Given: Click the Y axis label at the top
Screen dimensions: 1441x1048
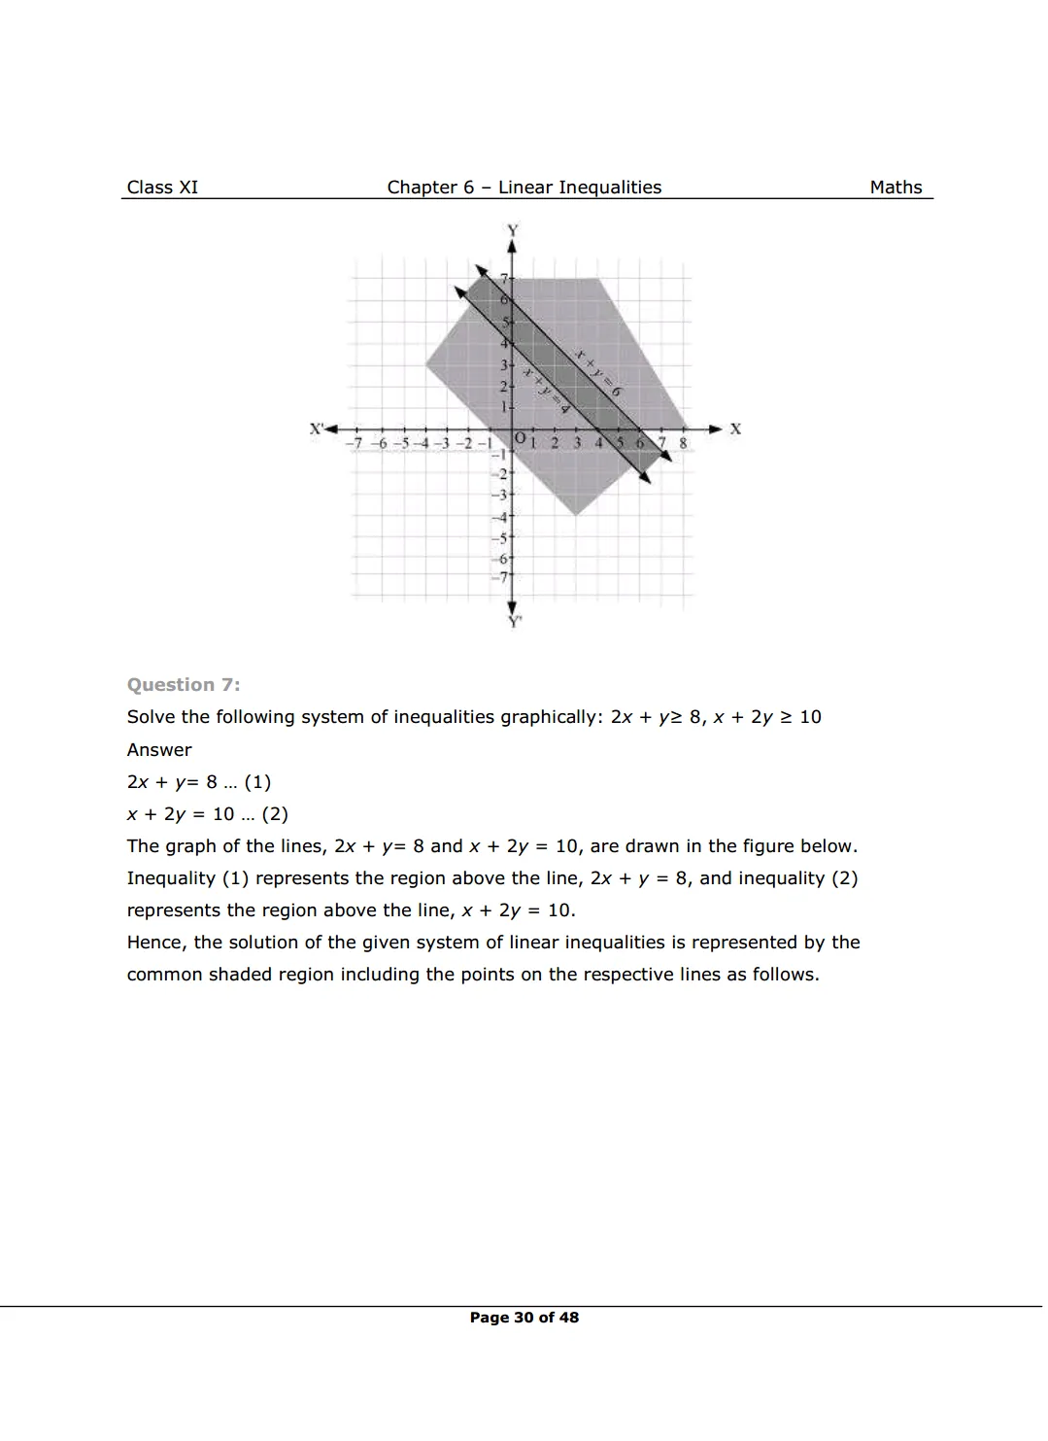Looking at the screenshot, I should pos(512,230).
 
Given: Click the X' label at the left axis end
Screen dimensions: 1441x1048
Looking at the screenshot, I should pos(317,429).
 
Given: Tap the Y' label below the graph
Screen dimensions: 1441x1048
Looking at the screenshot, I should pos(514,622).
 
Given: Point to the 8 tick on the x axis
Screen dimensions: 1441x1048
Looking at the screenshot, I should pos(683,443).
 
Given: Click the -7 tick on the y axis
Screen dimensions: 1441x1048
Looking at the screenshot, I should pos(502,577).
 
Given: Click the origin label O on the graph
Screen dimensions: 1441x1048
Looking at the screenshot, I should pos(520,439).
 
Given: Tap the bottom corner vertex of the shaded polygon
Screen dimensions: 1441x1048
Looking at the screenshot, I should pos(577,515).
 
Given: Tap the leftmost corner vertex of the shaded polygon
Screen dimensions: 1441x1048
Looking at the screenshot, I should pos(425,364).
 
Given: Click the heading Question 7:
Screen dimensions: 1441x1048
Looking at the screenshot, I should pos(184,685).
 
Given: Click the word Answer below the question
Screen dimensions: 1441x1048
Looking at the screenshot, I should pos(159,750).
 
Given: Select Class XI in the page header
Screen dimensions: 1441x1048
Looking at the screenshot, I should pos(162,188).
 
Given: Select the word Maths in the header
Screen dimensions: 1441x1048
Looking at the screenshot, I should pos(896,188).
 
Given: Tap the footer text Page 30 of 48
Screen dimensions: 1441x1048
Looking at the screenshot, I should pos(524,1318).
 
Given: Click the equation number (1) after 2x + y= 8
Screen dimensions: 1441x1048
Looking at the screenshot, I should pos(257,782).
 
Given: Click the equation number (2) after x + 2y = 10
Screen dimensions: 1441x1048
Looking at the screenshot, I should pos(275,814).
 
